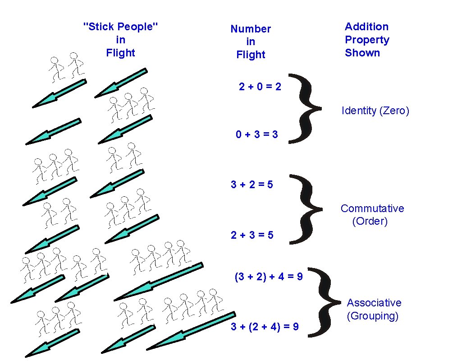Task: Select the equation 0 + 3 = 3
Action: [x=257, y=134]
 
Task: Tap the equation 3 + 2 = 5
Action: [x=252, y=184]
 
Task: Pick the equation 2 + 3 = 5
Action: [x=252, y=235]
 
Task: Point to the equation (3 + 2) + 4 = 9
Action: [x=269, y=277]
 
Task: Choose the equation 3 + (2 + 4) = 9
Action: [x=265, y=327]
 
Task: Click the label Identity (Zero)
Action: [x=375, y=111]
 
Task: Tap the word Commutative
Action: [x=372, y=208]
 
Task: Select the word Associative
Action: [x=374, y=303]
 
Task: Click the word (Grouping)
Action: [x=373, y=316]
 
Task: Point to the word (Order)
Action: [x=370, y=222]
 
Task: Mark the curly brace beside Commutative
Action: [x=306, y=209]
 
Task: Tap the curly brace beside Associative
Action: [x=326, y=301]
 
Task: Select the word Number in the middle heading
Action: [x=251, y=29]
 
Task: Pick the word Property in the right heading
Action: [x=367, y=40]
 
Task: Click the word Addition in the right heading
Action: [x=366, y=27]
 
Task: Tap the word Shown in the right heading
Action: [x=362, y=53]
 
